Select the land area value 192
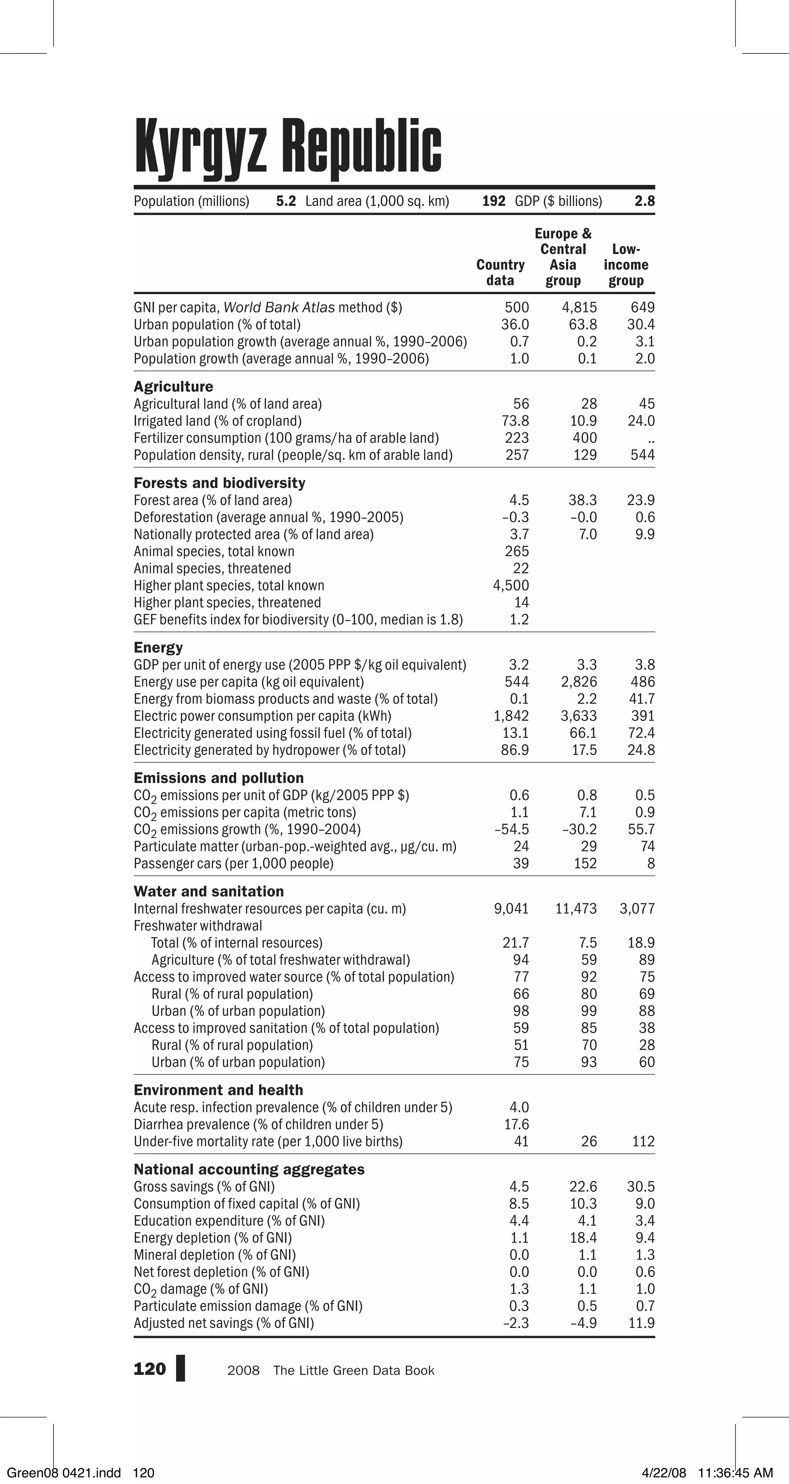(x=494, y=201)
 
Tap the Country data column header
(x=500, y=272)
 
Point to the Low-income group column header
(x=626, y=265)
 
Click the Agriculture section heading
(x=173, y=387)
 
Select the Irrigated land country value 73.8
(x=515, y=421)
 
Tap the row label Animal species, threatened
(x=212, y=568)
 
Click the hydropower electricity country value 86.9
(x=515, y=750)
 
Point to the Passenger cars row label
(x=233, y=864)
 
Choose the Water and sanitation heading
(x=209, y=891)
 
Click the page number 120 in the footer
(x=149, y=1369)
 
